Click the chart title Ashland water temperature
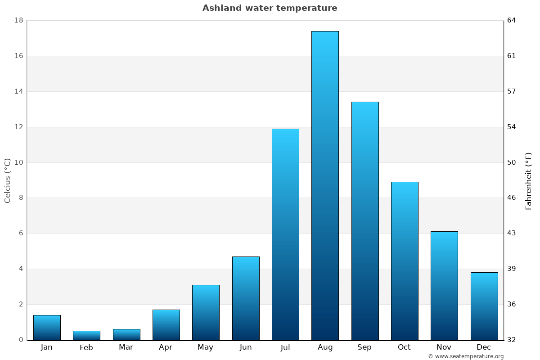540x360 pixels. pos(270,8)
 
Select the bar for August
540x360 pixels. pos(325,185)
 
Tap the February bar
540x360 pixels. pos(86,335)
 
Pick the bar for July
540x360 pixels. pos(285,234)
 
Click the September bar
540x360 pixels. pos(365,220)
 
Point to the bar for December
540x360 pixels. pos(484,306)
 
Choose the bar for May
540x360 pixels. pos(206,312)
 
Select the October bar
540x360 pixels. pos(405,261)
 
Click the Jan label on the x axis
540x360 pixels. pos(46,347)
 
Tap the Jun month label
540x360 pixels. pos(246,347)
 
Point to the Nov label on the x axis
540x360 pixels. pos(444,347)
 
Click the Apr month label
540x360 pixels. pos(166,347)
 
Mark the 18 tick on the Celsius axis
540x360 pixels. pos(18,20)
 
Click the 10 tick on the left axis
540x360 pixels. pos(18,162)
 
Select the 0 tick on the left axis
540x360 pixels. pos(21,340)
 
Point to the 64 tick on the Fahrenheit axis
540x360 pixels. pos(512,20)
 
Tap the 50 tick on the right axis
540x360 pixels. pos(512,162)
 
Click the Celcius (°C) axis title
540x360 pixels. pos(7,180)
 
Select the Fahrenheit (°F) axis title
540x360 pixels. pos(528,180)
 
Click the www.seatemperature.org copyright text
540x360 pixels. pos(466,356)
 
